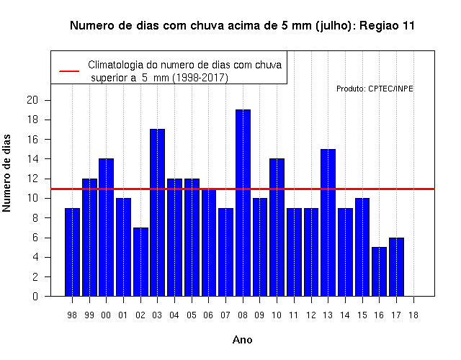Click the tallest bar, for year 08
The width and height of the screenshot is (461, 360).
(243, 203)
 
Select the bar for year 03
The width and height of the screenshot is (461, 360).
(157, 212)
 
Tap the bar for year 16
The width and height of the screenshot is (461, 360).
(380, 271)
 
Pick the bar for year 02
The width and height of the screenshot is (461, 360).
(140, 262)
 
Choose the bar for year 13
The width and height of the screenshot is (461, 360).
(328, 222)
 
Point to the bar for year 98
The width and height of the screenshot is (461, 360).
(72, 252)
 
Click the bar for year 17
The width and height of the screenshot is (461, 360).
(396, 267)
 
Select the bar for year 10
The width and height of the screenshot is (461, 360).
(277, 228)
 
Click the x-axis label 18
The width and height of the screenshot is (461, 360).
(413, 315)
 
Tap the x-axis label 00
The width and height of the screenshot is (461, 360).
(106, 315)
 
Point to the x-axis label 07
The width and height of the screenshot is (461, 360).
(225, 315)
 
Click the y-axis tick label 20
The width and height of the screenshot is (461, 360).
(32, 100)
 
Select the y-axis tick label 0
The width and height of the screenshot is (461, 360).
(35, 296)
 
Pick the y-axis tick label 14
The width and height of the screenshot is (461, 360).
(32, 159)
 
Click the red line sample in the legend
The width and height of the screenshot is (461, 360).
(69, 71)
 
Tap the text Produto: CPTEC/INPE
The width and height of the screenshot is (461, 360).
(375, 89)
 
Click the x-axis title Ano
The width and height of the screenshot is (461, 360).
(243, 340)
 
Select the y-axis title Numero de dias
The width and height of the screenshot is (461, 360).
(6, 174)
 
